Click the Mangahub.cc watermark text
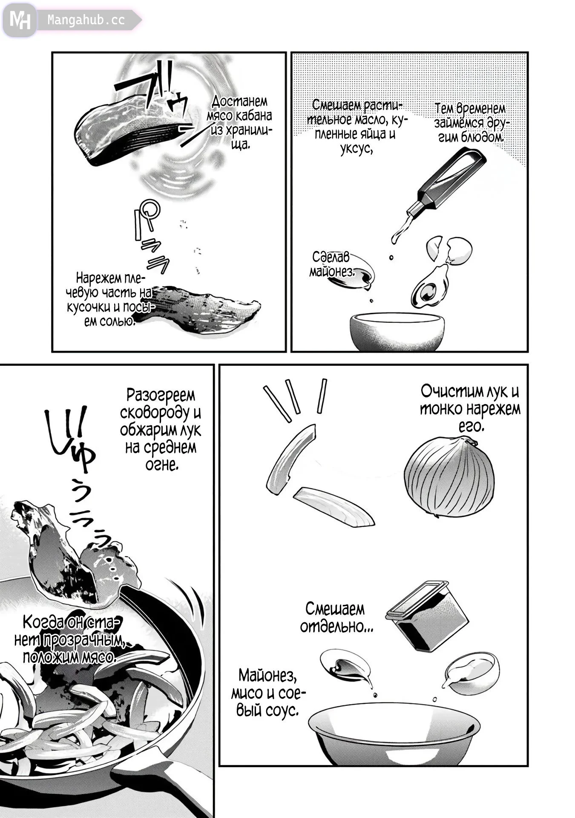click(86, 20)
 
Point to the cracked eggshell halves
click(449, 249)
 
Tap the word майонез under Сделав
click(332, 271)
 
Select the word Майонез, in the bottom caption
click(267, 676)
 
